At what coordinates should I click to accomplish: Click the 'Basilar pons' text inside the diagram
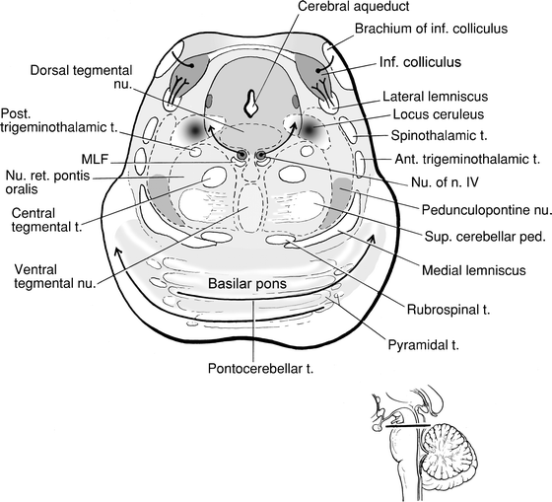point(253,284)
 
